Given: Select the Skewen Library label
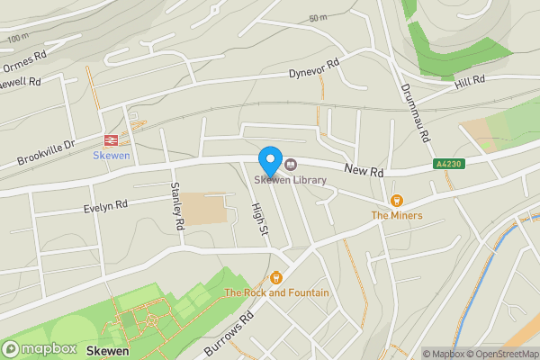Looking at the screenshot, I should (289, 180).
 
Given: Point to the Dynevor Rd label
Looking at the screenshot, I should (313, 68).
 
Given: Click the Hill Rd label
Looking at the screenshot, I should (470, 81).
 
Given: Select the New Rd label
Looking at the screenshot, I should (364, 169).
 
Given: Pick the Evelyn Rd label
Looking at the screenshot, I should (105, 206).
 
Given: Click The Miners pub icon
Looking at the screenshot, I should (396, 200).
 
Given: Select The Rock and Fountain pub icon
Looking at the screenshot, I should (276, 277).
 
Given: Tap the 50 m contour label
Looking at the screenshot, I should (318, 18).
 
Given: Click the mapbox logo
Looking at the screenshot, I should (40, 348).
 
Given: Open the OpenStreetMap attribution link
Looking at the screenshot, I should (502, 354).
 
